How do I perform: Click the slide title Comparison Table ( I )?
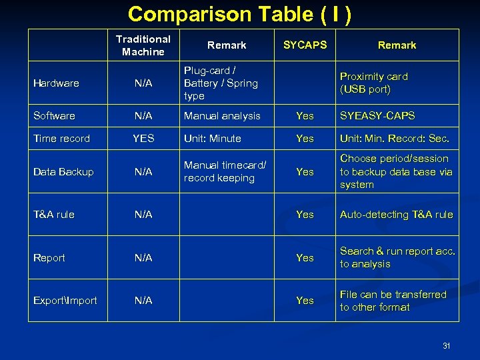coord(240,14)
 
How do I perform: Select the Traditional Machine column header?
coord(143,45)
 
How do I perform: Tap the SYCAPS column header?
coord(305,45)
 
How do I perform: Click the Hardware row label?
coord(56,83)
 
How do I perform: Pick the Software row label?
coord(54,116)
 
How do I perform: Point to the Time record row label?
coord(61,139)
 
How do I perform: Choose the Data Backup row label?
coord(63,172)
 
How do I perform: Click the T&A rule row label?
coord(54,215)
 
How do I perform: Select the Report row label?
coord(49,258)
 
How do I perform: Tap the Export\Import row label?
coord(65,301)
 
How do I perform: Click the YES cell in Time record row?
coord(143,139)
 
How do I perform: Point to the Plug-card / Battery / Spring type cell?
coord(221,83)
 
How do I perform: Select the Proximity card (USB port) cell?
coord(373,83)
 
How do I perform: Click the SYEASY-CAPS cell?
coord(377,116)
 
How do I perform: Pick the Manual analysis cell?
coord(222,116)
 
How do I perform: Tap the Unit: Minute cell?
coord(213,139)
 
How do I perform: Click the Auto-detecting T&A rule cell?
coord(396,215)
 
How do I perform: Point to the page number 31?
coord(447,345)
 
